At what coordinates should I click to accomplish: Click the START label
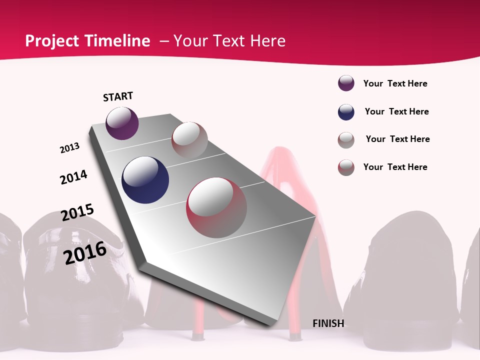[x=118, y=96]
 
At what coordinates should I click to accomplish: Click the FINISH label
[x=328, y=323]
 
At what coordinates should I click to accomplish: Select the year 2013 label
[x=69, y=148]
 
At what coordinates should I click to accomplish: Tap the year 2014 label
[x=73, y=177]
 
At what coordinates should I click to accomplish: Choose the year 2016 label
[x=85, y=252]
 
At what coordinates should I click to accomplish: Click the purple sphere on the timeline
[x=122, y=123]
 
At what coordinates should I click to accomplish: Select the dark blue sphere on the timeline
[x=145, y=180]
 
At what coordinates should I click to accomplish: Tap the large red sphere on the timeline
[x=216, y=207]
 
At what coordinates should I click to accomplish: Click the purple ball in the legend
[x=346, y=83]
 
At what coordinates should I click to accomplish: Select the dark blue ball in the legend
[x=346, y=112]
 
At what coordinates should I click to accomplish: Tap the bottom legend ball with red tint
[x=346, y=167]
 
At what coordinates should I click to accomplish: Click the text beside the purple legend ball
[x=395, y=83]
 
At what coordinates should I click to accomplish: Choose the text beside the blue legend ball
[x=396, y=111]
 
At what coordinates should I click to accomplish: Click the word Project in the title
[x=52, y=41]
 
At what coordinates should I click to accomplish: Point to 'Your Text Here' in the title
[x=229, y=41]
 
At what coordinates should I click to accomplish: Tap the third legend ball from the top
[x=346, y=140]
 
